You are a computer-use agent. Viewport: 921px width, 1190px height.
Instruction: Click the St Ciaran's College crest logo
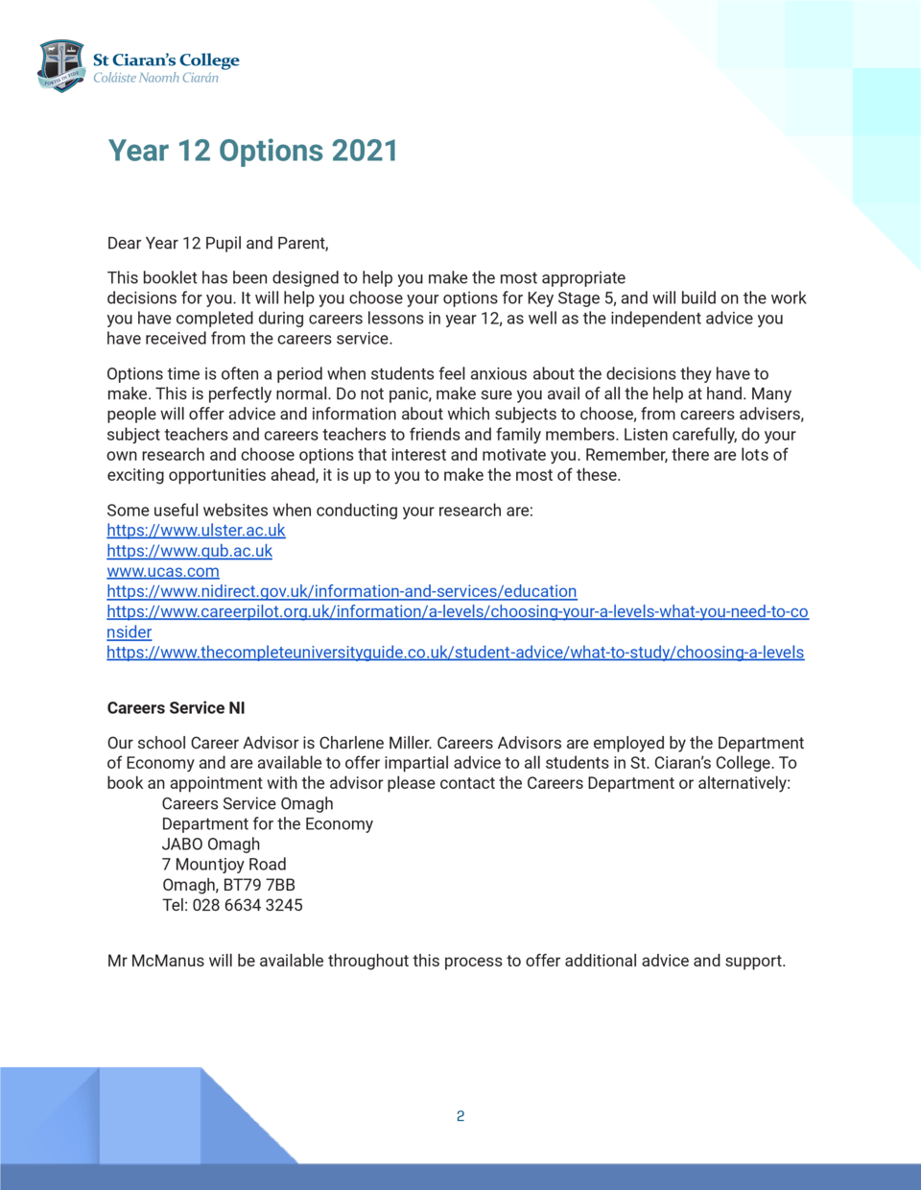click(61, 65)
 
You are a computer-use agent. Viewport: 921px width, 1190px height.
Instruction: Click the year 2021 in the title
click(365, 151)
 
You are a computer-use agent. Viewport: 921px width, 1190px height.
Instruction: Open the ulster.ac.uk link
click(196, 531)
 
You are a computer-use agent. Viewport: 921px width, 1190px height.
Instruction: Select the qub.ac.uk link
click(189, 551)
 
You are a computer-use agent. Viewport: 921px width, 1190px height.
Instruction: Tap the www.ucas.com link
click(163, 571)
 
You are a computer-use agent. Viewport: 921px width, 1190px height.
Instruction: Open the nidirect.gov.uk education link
click(342, 591)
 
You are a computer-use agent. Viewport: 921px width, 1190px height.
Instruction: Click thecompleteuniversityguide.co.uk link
click(455, 653)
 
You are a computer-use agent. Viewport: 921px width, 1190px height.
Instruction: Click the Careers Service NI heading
click(176, 708)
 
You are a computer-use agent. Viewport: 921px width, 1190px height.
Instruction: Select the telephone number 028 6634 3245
click(248, 905)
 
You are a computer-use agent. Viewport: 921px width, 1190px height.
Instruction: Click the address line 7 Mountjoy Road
click(224, 865)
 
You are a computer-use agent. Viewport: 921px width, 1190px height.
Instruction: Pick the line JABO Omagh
click(210, 845)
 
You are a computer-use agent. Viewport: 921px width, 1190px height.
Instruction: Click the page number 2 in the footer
click(460, 1116)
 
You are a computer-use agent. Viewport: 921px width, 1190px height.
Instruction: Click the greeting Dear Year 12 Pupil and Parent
click(218, 244)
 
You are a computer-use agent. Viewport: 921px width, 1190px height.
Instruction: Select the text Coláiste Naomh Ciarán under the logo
click(155, 79)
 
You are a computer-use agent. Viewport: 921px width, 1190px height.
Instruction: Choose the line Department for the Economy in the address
click(267, 824)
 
